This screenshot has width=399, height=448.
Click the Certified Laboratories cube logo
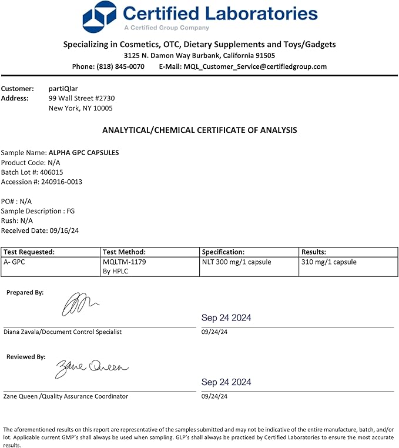tap(100, 16)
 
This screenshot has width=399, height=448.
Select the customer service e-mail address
tap(255, 66)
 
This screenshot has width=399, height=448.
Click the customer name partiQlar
tap(63, 88)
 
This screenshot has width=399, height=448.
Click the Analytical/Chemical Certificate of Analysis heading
tap(199, 130)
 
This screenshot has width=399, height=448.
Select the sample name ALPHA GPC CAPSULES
tap(83, 152)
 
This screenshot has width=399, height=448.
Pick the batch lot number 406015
tap(51, 172)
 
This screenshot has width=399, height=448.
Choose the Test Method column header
tap(124, 252)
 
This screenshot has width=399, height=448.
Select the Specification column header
tap(223, 252)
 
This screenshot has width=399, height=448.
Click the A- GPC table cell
tap(14, 262)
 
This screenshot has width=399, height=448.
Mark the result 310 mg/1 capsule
tap(328, 262)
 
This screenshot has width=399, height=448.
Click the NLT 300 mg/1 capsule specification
tap(236, 262)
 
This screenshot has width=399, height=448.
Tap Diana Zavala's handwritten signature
tap(80, 305)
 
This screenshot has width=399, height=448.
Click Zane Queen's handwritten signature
tap(91, 368)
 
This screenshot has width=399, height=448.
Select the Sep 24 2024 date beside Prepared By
tap(226, 317)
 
